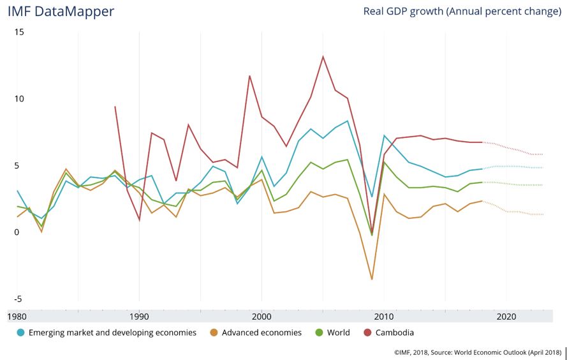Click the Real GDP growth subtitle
pos(462,11)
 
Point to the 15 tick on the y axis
pos(18,32)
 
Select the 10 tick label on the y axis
pos(18,99)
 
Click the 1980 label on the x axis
pos(17,315)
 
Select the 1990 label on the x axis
pos(139,315)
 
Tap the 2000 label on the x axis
pos(261,315)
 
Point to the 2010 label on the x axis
pos(384,315)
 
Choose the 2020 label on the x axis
pos(506,315)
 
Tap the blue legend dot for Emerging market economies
pos(21,333)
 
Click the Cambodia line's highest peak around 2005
pos(323,56)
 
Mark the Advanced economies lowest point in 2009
pos(372,279)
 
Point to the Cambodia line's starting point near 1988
pos(115,107)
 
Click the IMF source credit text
pos(477,352)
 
